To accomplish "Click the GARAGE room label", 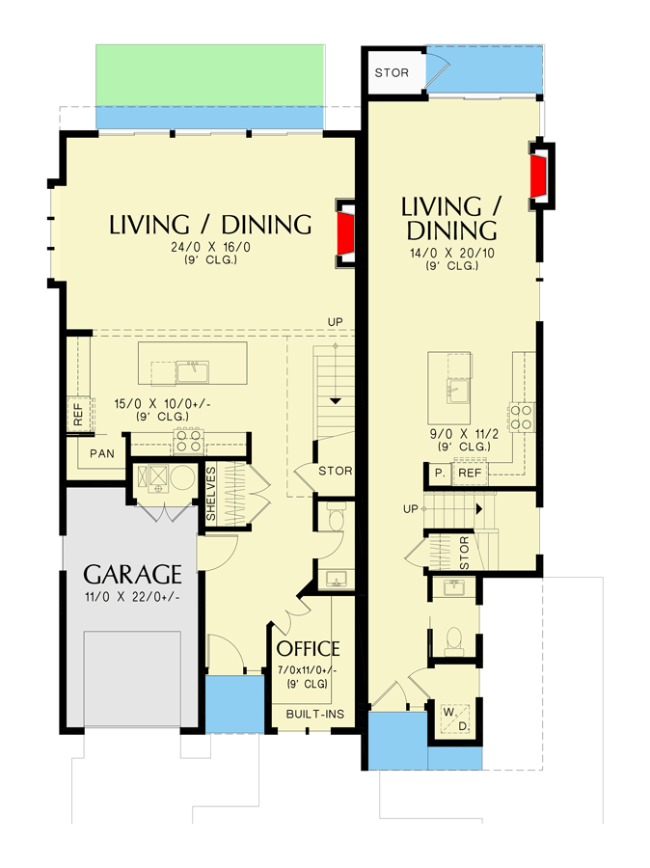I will point(132,575).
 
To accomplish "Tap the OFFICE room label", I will point(309,648).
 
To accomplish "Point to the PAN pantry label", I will point(102,452).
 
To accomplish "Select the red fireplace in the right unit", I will point(538,176).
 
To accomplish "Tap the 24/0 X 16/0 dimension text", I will point(210,246).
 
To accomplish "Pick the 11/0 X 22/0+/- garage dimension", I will point(132,597).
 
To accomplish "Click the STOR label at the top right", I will point(392,73).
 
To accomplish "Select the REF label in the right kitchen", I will point(470,474).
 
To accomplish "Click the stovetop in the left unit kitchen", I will point(187,441).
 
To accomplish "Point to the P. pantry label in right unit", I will point(439,474).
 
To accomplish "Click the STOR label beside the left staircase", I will point(334,471).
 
